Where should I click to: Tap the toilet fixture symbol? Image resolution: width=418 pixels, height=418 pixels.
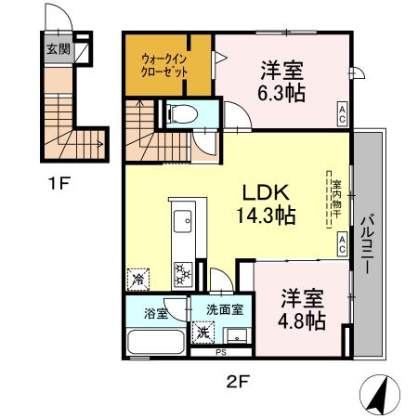[x=182, y=114]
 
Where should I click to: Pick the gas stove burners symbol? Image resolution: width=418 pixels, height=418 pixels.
[x=181, y=272]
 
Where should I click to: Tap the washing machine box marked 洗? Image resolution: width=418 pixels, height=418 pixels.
[x=202, y=331]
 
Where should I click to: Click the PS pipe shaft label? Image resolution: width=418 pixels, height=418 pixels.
[x=221, y=352]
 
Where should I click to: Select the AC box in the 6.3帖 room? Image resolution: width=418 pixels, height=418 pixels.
[x=342, y=114]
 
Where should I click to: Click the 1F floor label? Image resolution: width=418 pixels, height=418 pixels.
[x=59, y=183]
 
